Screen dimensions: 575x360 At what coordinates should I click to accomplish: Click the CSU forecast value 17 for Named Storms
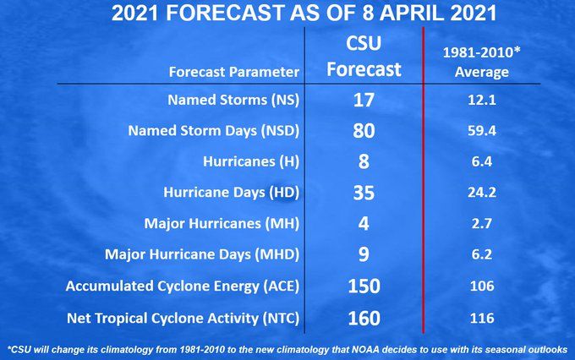[x=364, y=100]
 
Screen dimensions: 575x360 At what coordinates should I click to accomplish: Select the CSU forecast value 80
[x=364, y=130]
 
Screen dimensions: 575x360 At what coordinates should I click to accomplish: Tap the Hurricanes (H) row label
[x=251, y=161]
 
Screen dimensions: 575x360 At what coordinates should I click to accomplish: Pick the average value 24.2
[x=482, y=193]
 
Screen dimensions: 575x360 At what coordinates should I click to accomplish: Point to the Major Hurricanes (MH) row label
[x=222, y=224]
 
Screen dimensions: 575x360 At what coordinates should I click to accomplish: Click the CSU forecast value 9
[x=364, y=254]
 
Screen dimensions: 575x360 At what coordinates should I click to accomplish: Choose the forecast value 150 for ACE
[x=364, y=286]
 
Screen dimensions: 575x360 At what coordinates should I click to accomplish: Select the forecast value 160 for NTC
[x=364, y=318]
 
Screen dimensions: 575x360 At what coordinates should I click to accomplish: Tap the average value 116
[x=482, y=318]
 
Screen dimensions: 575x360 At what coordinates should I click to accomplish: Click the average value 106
[x=482, y=286]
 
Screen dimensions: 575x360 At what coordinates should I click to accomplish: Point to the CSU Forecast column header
[x=364, y=56]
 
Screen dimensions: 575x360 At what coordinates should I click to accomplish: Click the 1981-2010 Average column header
[x=482, y=62]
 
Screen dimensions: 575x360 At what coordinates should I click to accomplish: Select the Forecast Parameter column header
[x=234, y=72]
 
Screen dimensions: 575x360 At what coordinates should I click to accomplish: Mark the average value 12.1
[x=482, y=100]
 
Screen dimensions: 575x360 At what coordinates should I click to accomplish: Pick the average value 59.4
[x=482, y=130]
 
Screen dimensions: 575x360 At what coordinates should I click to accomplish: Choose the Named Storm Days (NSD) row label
[x=213, y=131]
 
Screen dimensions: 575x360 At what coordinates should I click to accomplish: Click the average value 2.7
[x=482, y=224]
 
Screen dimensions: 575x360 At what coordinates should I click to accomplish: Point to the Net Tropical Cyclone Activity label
[x=162, y=319]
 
